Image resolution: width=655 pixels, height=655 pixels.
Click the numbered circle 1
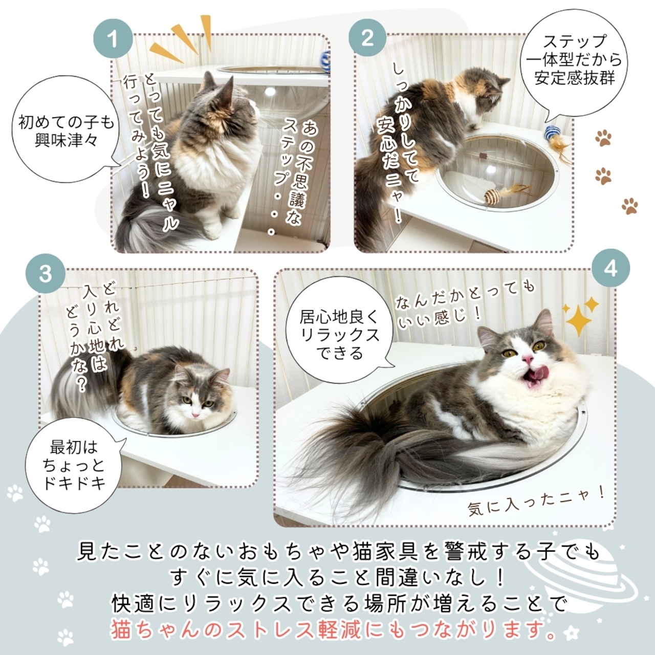[113, 39]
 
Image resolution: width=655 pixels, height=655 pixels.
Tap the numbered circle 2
[367, 39]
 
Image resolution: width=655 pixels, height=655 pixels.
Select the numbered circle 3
[46, 274]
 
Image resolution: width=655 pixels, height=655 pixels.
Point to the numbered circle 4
[610, 268]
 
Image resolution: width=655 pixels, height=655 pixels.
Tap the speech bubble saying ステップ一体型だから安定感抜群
[575, 59]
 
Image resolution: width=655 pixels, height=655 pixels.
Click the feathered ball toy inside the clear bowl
[492, 194]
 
